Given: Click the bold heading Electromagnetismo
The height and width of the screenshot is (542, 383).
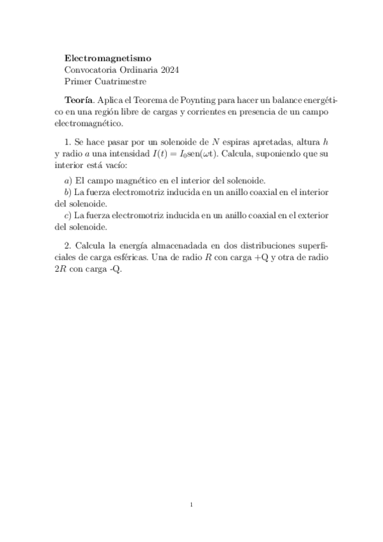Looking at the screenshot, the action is [108, 58].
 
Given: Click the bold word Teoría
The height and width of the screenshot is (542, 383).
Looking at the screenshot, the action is [79, 100].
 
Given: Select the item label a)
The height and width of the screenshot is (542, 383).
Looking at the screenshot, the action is [68, 181].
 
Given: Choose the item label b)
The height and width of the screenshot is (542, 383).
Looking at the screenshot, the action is [68, 192].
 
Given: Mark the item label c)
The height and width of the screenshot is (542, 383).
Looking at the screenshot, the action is [68, 215].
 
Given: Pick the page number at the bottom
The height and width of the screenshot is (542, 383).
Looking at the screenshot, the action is [191, 505].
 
